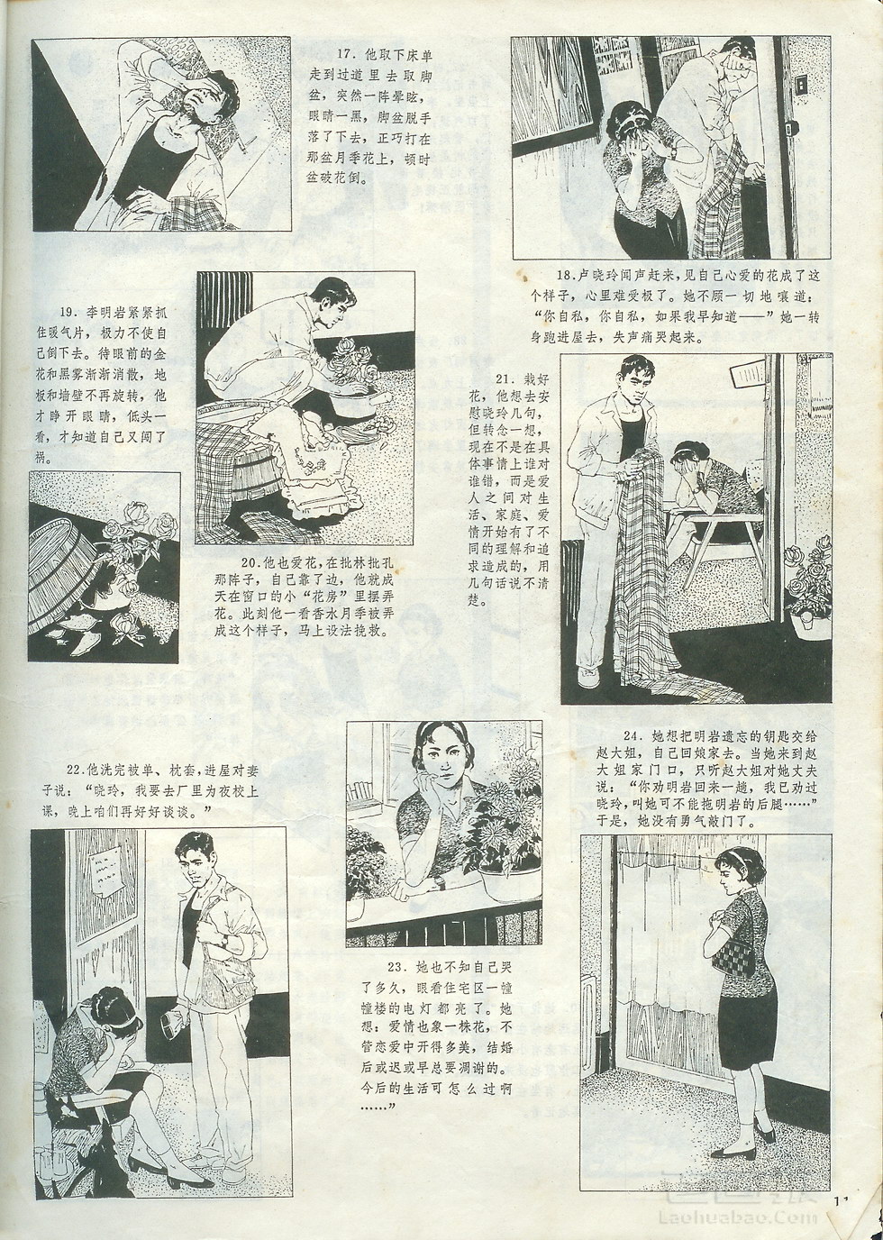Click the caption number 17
coord(345,54)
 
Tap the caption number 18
coord(565,276)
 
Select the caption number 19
coord(68,312)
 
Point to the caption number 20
coord(250,564)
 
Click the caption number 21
coord(505,379)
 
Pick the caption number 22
coord(74,770)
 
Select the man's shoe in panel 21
coord(589,677)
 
